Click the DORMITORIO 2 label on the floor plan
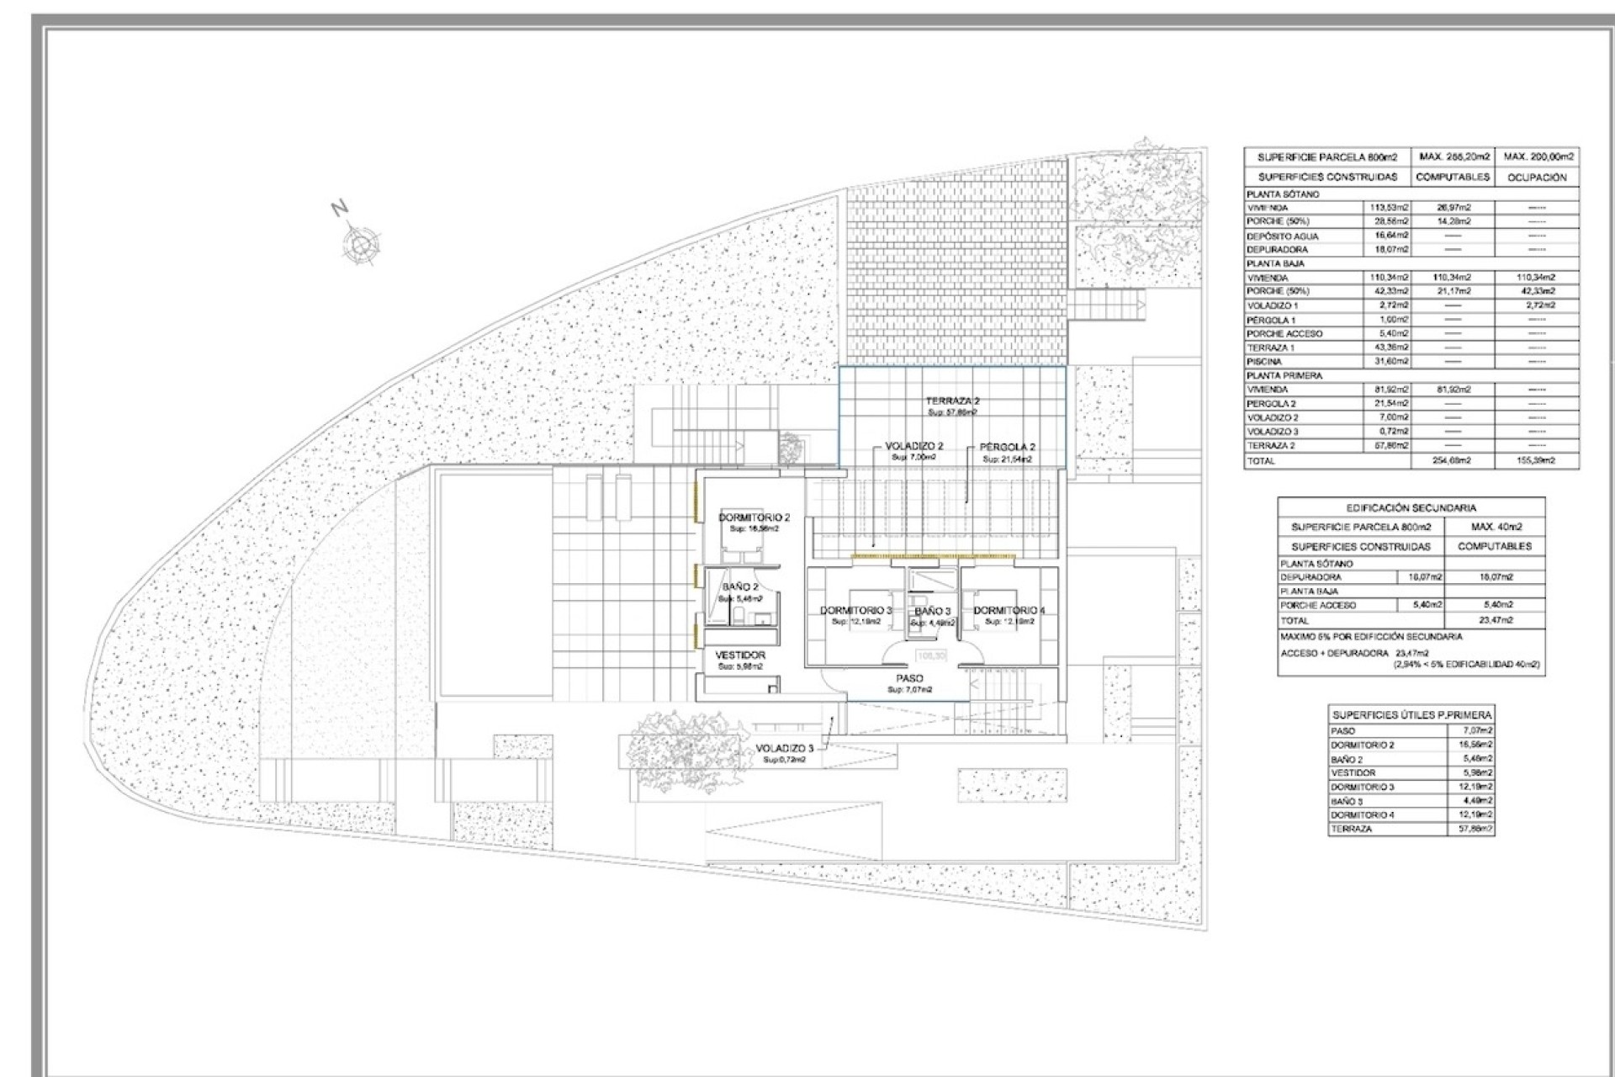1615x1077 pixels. pos(754,517)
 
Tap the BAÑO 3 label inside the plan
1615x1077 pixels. pos(932,611)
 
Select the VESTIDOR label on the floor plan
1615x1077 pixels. pos(740,655)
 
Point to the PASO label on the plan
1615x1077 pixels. pos(909,678)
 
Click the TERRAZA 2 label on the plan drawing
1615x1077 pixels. pos(952,401)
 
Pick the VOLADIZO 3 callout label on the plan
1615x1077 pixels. pos(784,748)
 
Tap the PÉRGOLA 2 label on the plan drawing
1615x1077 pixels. pos(1007,447)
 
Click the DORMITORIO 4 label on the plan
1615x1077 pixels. pos(1009,610)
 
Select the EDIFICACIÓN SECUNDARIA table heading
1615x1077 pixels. pos(1411,507)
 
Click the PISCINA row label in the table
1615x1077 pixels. pos(1264,362)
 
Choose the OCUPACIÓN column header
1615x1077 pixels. pos(1537,178)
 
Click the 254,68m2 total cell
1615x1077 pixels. pos(1452,461)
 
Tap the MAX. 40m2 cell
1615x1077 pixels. pos(1494,527)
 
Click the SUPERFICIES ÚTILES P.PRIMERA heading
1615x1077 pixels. pos(1411,714)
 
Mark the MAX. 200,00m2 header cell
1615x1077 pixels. pos(1537,157)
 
